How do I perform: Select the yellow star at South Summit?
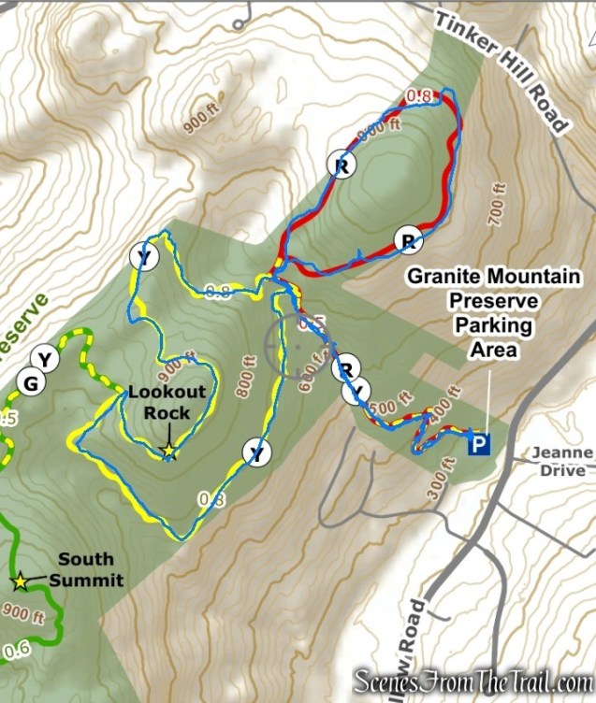pos(20,581)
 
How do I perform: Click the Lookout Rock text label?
pos(159,402)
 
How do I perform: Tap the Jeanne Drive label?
pos(562,462)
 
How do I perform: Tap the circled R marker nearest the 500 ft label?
pos(343,367)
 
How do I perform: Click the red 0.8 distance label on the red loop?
pos(420,95)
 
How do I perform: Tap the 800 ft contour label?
pos(248,370)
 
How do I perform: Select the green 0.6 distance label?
pos(16,650)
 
